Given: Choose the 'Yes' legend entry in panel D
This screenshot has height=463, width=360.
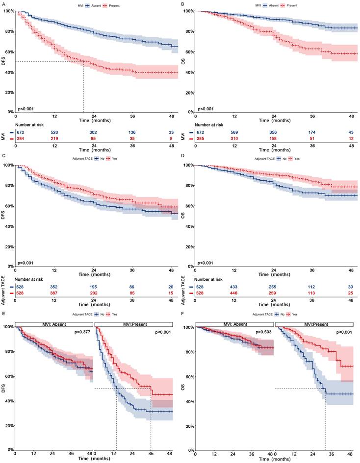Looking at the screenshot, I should tap(297, 159).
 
